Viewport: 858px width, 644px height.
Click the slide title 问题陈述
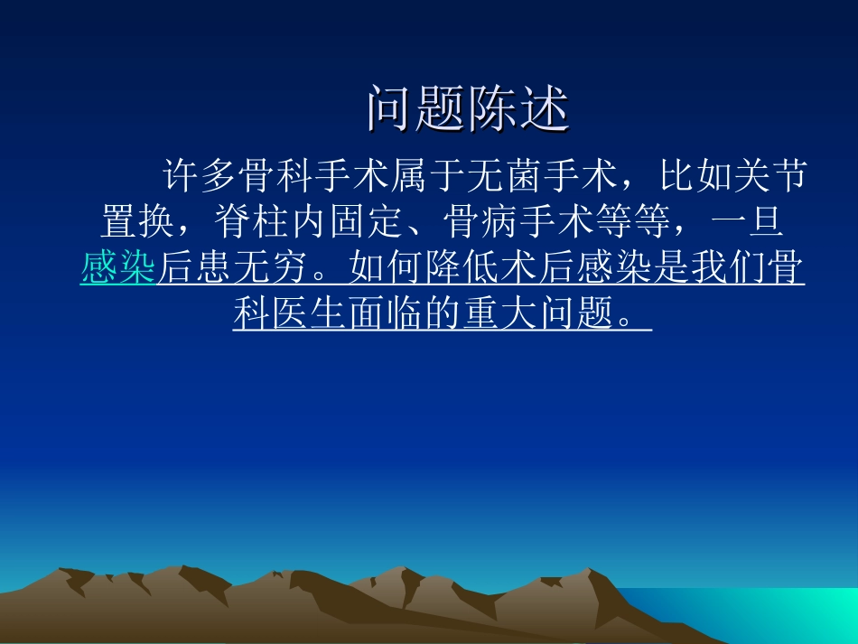(468, 110)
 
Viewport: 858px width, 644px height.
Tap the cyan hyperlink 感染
(118, 268)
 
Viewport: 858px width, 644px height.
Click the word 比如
(697, 176)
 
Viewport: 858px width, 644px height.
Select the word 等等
(635, 222)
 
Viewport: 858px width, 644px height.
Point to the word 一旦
(755, 222)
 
